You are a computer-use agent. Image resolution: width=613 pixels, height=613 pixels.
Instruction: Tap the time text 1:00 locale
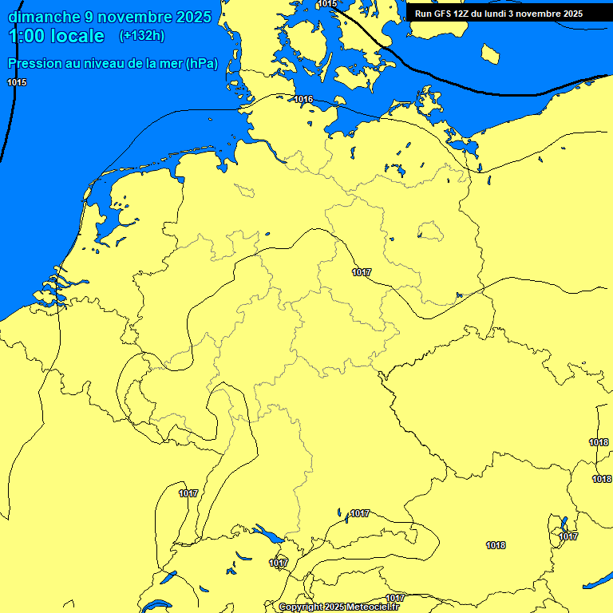[55, 36]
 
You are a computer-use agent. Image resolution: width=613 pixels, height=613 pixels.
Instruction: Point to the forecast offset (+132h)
[141, 36]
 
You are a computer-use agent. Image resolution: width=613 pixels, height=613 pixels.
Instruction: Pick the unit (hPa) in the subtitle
[201, 65]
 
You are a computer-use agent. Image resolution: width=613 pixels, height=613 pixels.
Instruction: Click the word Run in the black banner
[423, 14]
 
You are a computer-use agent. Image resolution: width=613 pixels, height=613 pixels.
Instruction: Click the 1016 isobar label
[303, 100]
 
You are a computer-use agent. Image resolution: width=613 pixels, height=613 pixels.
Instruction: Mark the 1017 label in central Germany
[362, 272]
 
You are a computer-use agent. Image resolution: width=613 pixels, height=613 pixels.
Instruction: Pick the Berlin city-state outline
[430, 231]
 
